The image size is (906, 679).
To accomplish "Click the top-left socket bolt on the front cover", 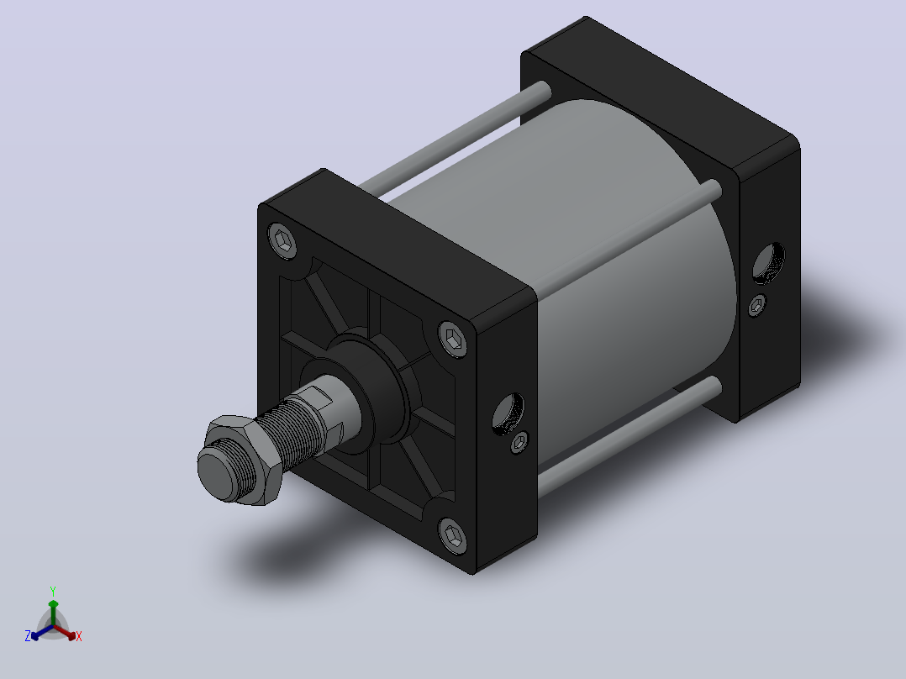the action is point(282,239).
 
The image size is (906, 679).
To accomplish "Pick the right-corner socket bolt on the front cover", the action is point(453,339).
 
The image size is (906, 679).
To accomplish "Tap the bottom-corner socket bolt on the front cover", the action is point(453,535).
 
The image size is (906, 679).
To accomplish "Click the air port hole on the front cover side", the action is point(508,413).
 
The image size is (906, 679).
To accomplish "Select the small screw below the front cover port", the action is point(519,443).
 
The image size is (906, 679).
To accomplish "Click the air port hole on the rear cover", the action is point(768,263).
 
